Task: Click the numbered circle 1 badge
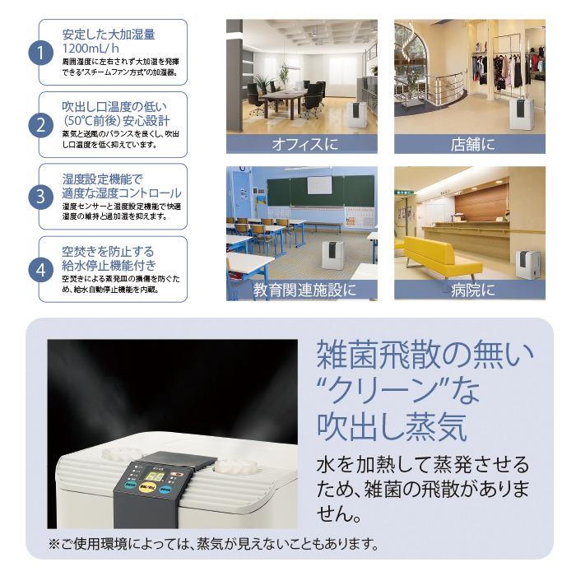[x=41, y=53]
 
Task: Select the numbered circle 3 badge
[x=41, y=197]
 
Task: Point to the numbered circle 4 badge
[x=41, y=269]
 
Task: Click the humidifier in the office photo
[x=356, y=114]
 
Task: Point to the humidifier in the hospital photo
[x=524, y=265]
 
